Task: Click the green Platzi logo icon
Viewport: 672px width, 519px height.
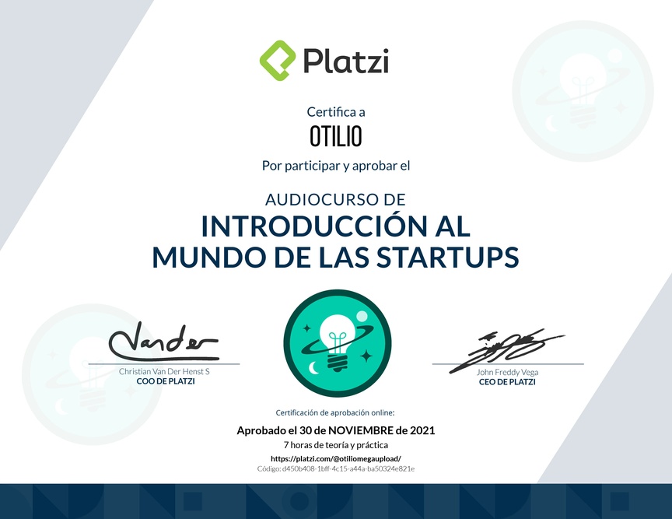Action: (278, 61)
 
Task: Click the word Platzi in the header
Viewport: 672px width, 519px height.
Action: (346, 61)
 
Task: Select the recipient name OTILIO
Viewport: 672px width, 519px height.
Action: (336, 136)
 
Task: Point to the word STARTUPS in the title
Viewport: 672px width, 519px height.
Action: (448, 257)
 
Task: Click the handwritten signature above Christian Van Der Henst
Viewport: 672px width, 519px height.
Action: (163, 342)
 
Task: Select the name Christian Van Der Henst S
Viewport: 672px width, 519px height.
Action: (164, 371)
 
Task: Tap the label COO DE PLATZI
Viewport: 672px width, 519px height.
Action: (166, 381)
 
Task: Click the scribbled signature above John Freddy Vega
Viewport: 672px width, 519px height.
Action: (507, 349)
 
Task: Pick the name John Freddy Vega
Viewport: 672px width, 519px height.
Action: (507, 372)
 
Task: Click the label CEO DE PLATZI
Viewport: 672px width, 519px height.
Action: (507, 382)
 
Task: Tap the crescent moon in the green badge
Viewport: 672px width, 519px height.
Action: (314, 368)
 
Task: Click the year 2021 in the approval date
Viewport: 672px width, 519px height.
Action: (422, 430)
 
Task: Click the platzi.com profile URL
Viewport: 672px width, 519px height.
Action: (336, 458)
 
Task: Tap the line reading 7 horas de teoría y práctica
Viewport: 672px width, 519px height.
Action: (336, 445)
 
